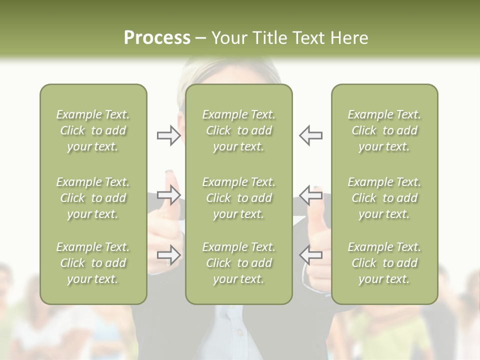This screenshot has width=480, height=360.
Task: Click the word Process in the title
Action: [157, 38]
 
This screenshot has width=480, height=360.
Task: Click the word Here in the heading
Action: [348, 38]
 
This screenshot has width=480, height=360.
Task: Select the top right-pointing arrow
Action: [168, 135]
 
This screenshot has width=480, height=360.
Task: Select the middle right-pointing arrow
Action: [168, 195]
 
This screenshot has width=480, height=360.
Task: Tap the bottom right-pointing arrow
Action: [168, 255]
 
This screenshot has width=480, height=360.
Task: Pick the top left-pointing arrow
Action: [311, 135]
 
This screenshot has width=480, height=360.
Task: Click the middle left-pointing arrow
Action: [311, 195]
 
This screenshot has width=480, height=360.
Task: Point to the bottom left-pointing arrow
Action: [311, 255]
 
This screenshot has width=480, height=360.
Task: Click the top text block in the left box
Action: [93, 130]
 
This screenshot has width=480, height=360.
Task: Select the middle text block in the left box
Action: [93, 198]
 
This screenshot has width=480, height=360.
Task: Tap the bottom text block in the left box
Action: [93, 263]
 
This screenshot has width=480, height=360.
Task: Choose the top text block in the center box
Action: [238, 130]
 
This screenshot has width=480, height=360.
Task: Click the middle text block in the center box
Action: [238, 198]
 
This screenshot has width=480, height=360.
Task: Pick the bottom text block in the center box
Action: [238, 263]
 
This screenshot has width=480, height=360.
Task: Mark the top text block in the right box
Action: [384, 130]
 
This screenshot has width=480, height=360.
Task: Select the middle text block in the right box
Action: [384, 198]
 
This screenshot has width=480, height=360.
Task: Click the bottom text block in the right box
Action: [384, 263]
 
